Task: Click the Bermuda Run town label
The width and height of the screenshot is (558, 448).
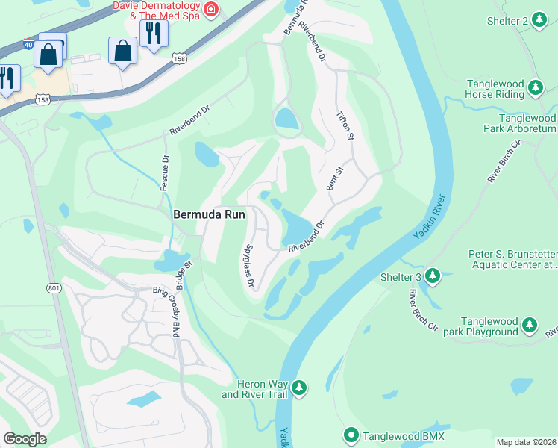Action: click(x=206, y=214)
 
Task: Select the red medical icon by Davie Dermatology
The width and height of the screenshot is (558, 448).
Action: click(x=213, y=9)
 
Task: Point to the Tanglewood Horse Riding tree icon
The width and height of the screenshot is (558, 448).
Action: click(x=535, y=89)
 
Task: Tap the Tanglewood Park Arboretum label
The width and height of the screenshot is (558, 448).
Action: click(x=527, y=123)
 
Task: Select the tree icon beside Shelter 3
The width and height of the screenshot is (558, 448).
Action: click(x=432, y=278)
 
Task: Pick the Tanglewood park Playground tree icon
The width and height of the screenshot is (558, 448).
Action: click(x=529, y=326)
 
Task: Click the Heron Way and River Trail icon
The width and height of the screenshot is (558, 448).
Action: click(x=298, y=388)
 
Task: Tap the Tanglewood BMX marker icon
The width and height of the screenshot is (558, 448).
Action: click(x=351, y=435)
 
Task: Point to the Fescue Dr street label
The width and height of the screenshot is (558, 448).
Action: click(x=164, y=172)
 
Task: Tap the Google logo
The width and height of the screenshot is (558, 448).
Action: click(x=25, y=439)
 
